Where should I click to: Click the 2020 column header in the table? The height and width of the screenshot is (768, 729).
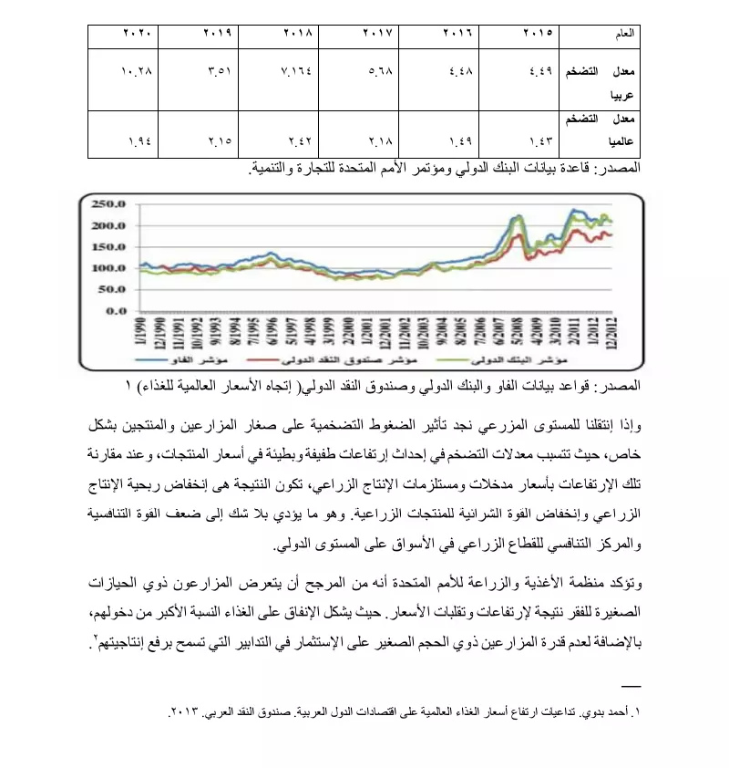(x=138, y=33)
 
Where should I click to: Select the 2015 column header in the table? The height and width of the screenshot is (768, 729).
(x=538, y=33)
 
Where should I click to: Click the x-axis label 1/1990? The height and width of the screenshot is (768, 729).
(x=140, y=335)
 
